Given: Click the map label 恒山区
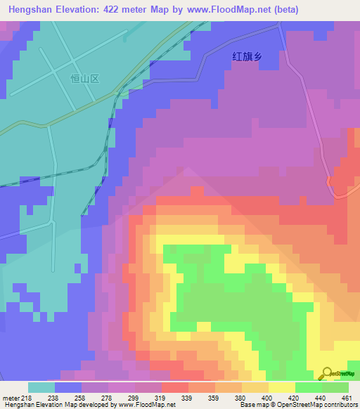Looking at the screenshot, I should [x=85, y=79].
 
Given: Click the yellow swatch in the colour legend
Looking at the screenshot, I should [x=282, y=387].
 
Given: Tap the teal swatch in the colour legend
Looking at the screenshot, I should [x=41, y=387].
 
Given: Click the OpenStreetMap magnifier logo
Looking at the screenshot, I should [x=327, y=373].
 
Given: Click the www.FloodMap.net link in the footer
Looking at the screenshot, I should [x=146, y=405].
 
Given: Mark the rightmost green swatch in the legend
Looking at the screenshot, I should [x=335, y=387].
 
